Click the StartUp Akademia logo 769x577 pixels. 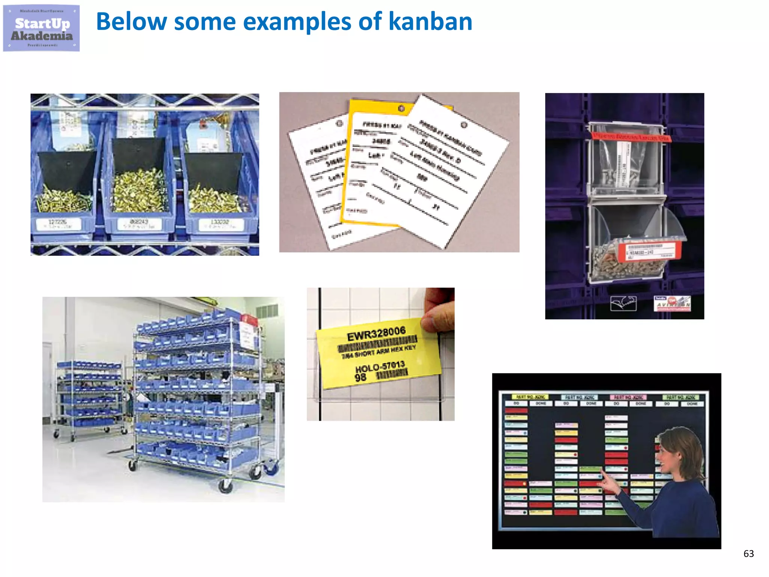pos(41,28)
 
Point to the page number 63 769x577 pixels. pos(748,553)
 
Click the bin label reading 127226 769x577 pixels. pos(59,224)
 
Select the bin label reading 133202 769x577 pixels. pos(219,224)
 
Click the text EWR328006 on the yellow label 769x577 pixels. pos(376,334)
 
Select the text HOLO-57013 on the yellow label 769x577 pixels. pos(380,366)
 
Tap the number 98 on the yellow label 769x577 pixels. pos(360,378)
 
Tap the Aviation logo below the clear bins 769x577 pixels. pos(672,304)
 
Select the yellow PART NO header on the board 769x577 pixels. pos(530,397)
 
